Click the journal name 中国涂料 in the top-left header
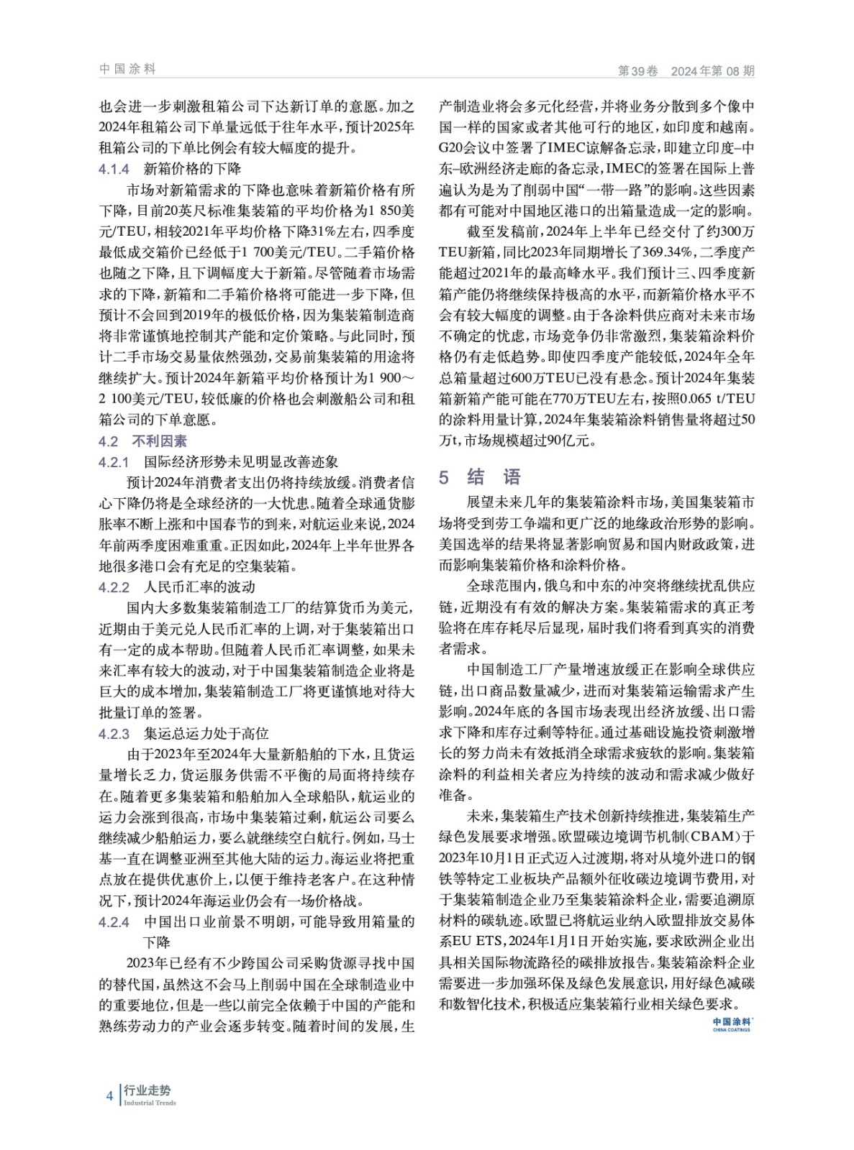click(x=127, y=70)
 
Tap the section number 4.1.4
click(x=114, y=170)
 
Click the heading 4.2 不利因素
click(x=142, y=441)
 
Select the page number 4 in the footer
click(x=109, y=1096)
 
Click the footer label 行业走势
click(x=147, y=1091)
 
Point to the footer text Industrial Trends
click(x=150, y=1103)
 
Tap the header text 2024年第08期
click(x=712, y=71)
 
